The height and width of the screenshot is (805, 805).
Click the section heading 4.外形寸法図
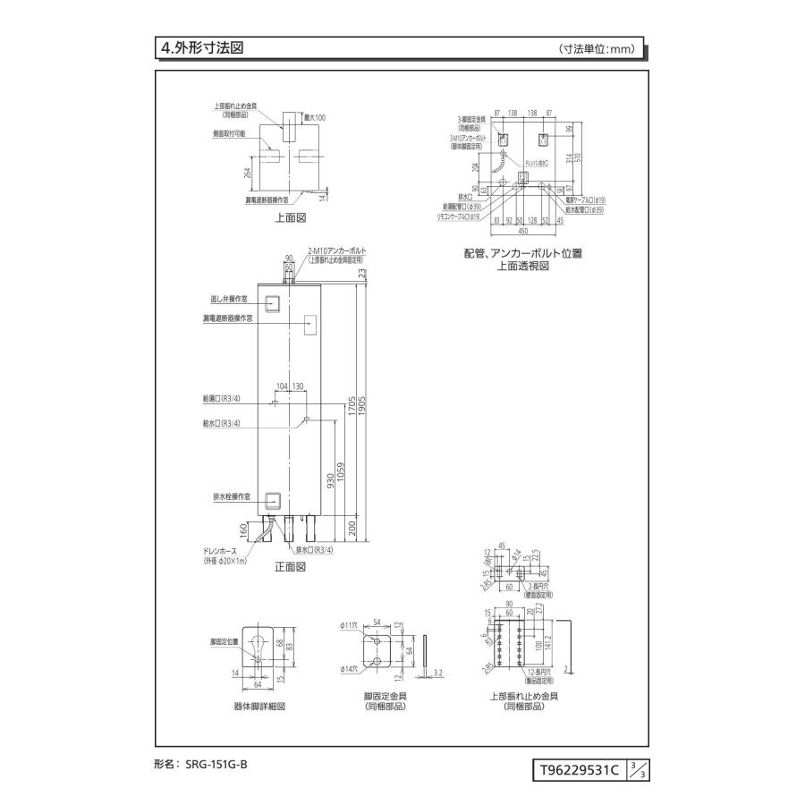pos(202,48)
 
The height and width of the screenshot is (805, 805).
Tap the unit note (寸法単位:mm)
pos(597,49)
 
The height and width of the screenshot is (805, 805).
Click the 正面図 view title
pos(290,566)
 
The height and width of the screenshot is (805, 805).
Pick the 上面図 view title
pos(290,216)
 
